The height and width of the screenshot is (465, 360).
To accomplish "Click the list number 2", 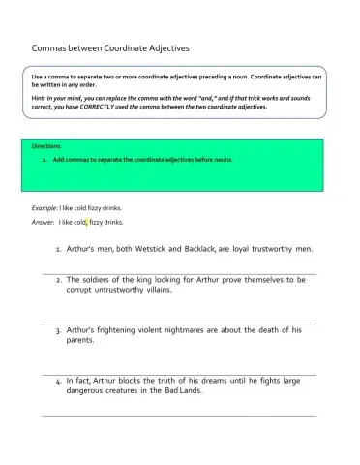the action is tap(59, 280).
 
